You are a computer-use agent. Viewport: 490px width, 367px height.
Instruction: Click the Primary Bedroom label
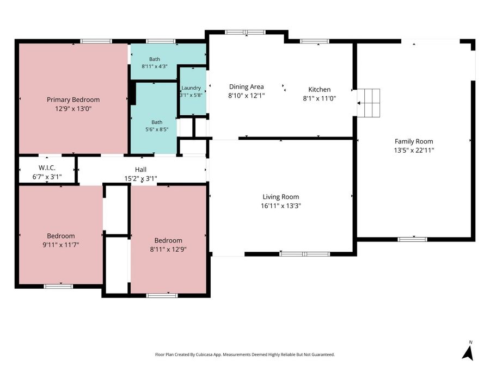73,99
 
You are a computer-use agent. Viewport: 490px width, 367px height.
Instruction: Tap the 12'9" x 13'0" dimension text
73,109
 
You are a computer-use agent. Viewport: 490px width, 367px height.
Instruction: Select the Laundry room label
191,88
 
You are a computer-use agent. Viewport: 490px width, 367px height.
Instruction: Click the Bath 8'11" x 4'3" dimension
155,66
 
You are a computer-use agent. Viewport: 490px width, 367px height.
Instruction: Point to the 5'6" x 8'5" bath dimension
157,129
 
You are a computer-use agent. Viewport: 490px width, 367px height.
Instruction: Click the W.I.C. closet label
47,167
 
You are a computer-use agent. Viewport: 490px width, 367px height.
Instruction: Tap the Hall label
140,170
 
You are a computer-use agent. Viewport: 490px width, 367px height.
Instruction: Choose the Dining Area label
246,86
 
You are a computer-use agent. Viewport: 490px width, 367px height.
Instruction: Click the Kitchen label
320,90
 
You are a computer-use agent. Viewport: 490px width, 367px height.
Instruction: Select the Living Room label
280,197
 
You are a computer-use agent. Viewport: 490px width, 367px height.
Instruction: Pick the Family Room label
414,141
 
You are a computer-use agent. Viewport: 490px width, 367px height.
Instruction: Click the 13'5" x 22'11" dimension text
414,150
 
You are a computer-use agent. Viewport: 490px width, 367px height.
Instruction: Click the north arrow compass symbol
468,351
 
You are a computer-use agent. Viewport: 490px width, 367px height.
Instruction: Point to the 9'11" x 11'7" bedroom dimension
60,245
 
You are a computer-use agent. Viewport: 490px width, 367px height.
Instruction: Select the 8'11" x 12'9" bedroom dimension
168,250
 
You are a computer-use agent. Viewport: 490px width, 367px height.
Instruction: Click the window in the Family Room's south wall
413,239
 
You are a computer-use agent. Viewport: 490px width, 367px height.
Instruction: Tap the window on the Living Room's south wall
305,254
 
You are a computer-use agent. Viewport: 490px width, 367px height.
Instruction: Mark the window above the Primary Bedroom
96,41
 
